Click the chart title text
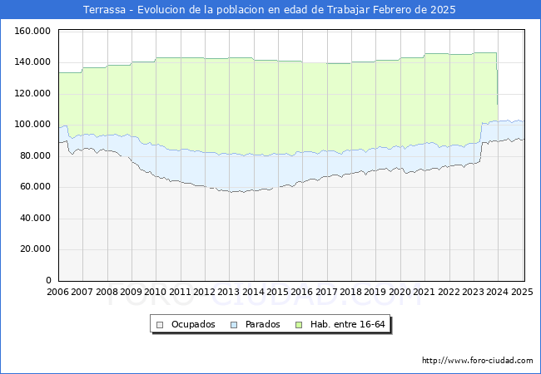pyautogui.click(x=270, y=10)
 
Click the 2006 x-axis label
pyautogui.click(x=58, y=292)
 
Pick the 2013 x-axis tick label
pyautogui.click(x=229, y=292)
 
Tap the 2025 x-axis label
pyautogui.click(x=522, y=292)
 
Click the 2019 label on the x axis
pyautogui.click(x=375, y=292)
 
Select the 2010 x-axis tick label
pyautogui.click(x=156, y=292)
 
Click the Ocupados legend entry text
pyautogui.click(x=193, y=324)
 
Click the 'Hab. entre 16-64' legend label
pyautogui.click(x=348, y=324)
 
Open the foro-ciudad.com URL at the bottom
pyautogui.click(x=478, y=361)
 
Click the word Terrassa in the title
pyautogui.click(x=107, y=10)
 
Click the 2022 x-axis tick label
pyautogui.click(x=449, y=292)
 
